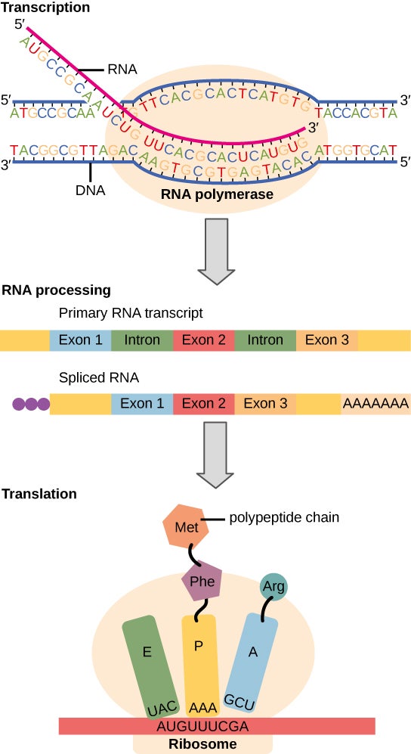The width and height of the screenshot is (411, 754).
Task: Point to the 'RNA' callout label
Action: pyautogui.click(x=122, y=70)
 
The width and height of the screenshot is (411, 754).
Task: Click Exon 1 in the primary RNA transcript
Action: pyautogui.click(x=80, y=340)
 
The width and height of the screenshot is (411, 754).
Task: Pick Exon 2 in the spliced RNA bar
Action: pyautogui.click(x=204, y=404)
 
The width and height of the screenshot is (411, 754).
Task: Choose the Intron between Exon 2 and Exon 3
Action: pyautogui.click(x=265, y=340)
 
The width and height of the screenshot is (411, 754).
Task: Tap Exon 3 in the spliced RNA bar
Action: pyautogui.click(x=265, y=404)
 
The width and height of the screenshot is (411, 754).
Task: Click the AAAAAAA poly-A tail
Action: pyautogui.click(x=375, y=404)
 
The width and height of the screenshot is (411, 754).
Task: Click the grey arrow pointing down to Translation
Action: pyautogui.click(x=218, y=461)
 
